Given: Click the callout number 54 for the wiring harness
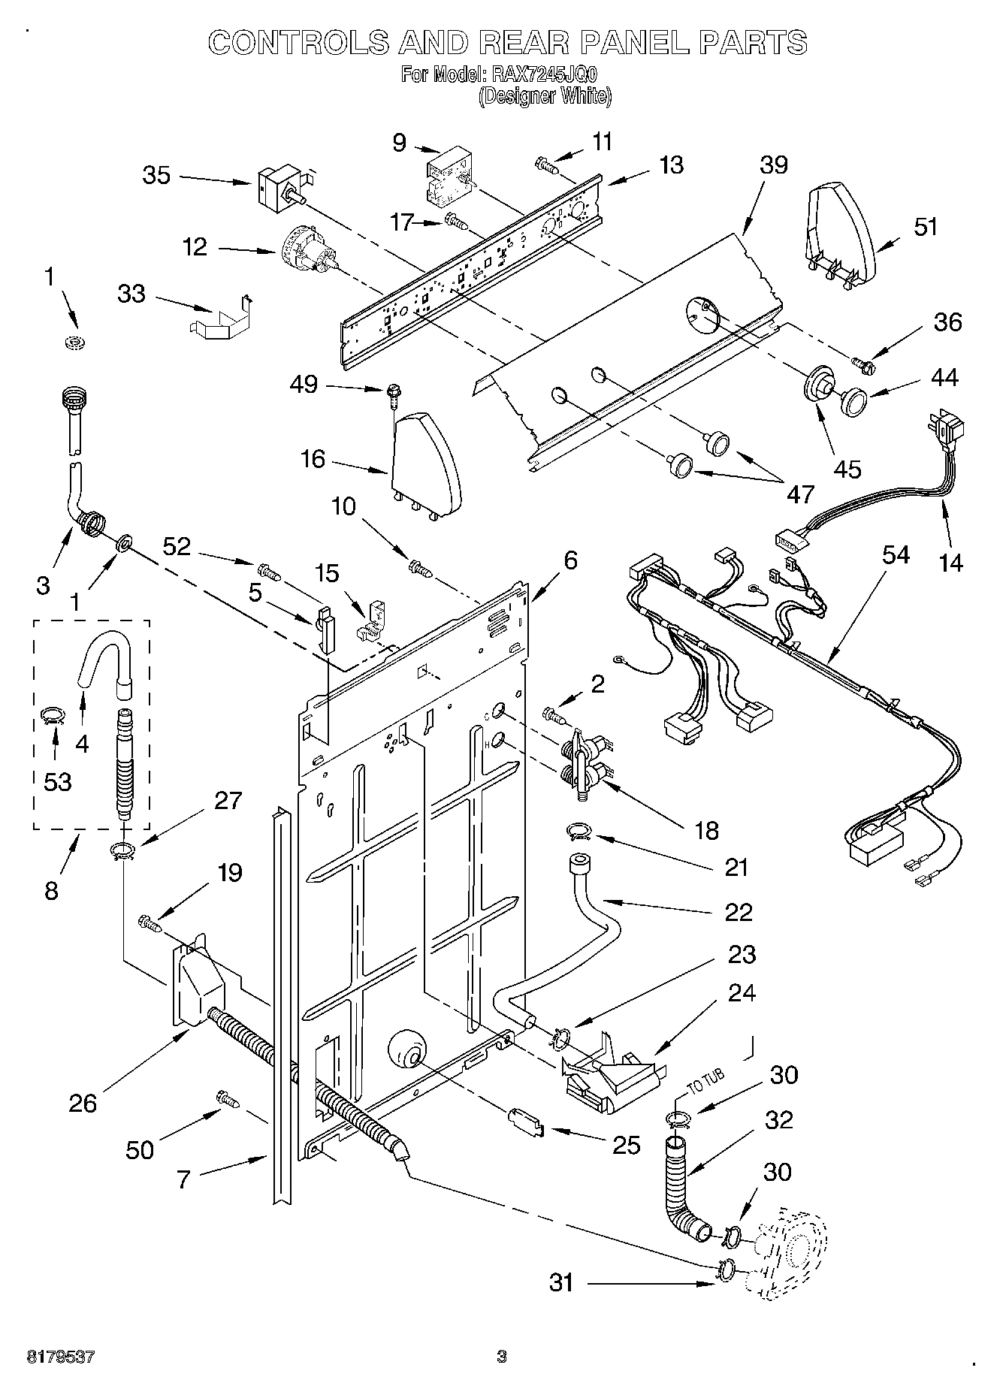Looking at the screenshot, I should tap(896, 555).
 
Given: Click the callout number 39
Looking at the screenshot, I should tap(773, 165).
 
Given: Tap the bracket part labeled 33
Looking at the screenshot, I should tap(218, 319).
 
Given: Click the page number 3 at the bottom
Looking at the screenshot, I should tap(502, 1357).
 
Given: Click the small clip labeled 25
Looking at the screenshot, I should tap(527, 1122).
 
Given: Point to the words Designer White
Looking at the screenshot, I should tap(545, 96).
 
